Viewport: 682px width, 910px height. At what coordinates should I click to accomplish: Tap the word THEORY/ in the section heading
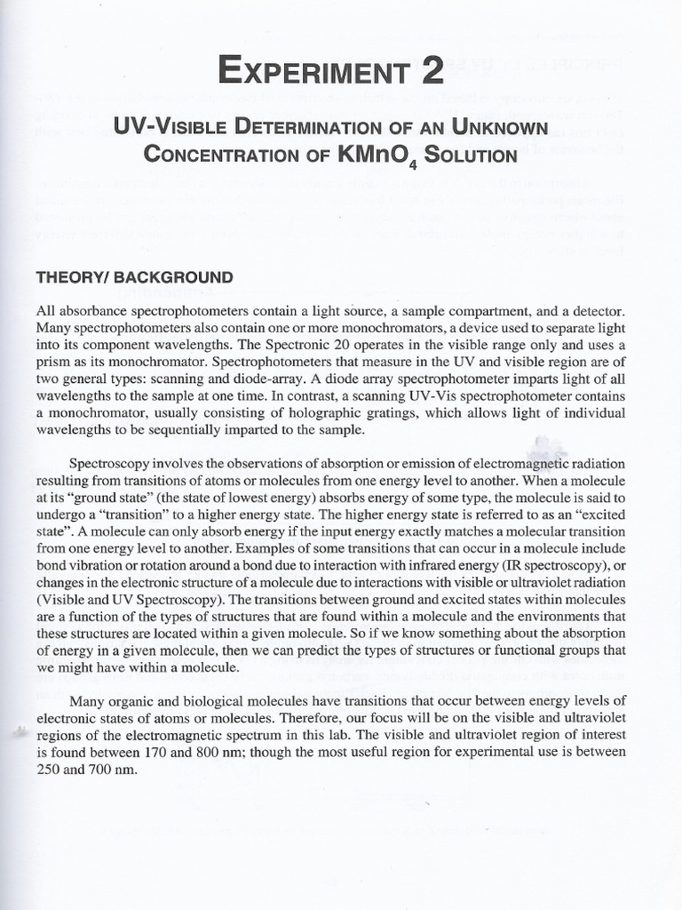coord(69,277)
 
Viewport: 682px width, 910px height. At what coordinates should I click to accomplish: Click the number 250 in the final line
coord(50,770)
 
